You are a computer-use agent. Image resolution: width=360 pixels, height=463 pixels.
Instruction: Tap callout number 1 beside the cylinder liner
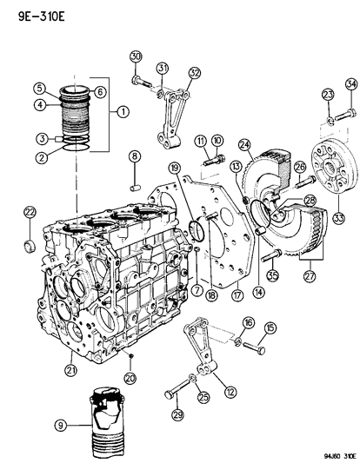[x=123, y=110]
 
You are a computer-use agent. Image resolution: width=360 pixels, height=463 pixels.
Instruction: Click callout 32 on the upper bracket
[x=195, y=72]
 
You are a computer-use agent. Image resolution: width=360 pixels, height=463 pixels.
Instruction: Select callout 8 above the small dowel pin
[x=135, y=156]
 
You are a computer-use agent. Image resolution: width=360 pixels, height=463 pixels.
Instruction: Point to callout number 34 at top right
[x=350, y=83]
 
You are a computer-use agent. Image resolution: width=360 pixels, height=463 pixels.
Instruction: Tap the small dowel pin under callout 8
[x=136, y=183]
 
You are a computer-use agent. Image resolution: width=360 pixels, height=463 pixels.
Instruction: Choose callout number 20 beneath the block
[x=130, y=378]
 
